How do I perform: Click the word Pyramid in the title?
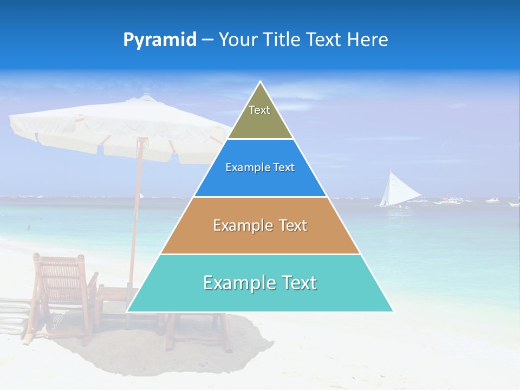click(x=160, y=40)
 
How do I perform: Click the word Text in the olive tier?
click(x=259, y=110)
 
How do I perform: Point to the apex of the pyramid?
click(x=261, y=83)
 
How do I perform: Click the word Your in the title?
click(x=238, y=40)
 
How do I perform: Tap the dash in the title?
click(x=207, y=40)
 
